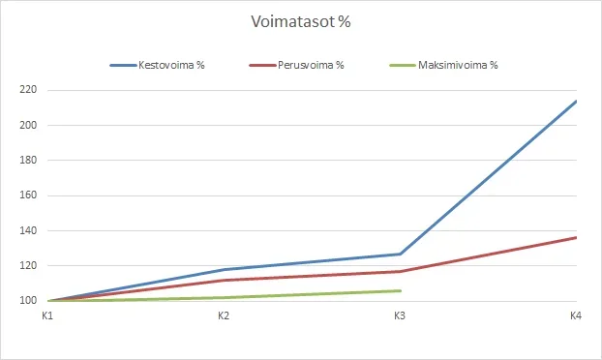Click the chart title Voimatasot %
tap(300, 21)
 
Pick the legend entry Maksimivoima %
tap(458, 65)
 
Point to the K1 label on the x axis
tap(46, 316)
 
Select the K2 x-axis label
tap(223, 316)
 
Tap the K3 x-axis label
tap(399, 316)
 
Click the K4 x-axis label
tap(575, 316)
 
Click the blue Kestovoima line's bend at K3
tap(400, 255)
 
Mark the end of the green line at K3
tap(400, 290)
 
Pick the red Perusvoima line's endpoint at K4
tap(576, 237)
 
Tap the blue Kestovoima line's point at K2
tap(224, 269)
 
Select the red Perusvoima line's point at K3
tap(400, 271)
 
